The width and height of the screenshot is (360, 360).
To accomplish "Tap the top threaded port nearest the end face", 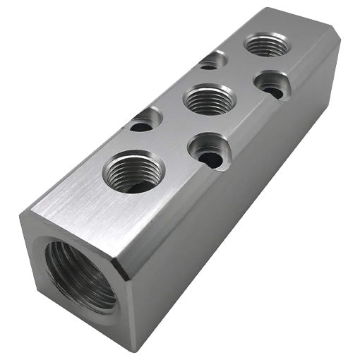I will point(133,172).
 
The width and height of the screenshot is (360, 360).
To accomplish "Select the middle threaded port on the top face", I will point(208,100).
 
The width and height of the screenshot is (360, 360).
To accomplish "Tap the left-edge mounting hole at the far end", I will point(212,61).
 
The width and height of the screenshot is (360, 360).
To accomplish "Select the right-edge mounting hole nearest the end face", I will point(209,150).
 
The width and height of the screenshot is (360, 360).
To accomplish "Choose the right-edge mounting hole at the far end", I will point(272,84).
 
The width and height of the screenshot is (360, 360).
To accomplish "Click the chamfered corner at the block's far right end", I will point(337,47).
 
